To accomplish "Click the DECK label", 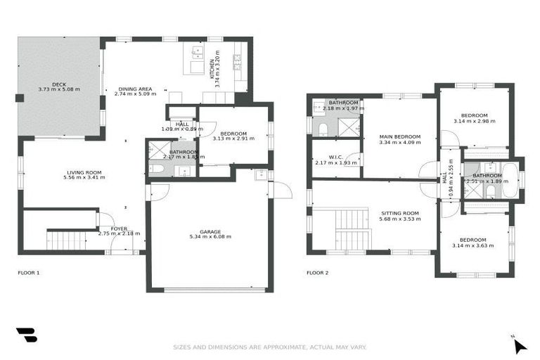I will [58, 84].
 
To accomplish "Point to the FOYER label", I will [119, 229].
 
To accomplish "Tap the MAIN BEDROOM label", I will [399, 136].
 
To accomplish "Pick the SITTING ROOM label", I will [399, 213].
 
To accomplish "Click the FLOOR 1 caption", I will [29, 272].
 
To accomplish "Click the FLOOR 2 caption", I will [318, 272].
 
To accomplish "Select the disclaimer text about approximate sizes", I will [270, 347].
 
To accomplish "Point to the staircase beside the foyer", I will [68, 240].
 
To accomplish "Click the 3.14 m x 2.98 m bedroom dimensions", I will [474, 121].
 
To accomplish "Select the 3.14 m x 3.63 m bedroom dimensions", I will [472, 246].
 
